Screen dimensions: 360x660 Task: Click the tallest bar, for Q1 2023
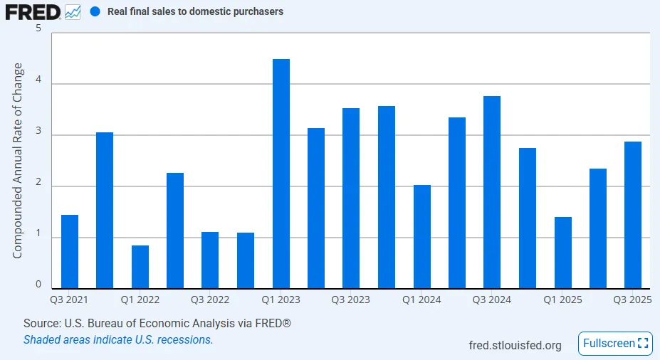281,174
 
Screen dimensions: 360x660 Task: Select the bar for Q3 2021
70,251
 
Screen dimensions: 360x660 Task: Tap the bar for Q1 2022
140,267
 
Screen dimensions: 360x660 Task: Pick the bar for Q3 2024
492,192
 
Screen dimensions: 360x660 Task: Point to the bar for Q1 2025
562,253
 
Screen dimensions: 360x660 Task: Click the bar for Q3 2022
210,260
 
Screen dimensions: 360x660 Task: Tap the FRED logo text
33,12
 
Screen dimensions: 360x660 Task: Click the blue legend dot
95,12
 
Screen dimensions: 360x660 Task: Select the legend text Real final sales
194,12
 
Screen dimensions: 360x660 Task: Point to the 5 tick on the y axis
38,29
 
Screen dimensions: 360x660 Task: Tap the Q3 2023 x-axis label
350,300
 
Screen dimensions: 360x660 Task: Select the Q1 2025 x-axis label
562,300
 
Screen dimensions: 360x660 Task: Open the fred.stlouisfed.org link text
515,345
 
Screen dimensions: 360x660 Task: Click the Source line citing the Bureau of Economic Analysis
157,324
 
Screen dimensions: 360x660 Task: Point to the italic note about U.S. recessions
118,339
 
